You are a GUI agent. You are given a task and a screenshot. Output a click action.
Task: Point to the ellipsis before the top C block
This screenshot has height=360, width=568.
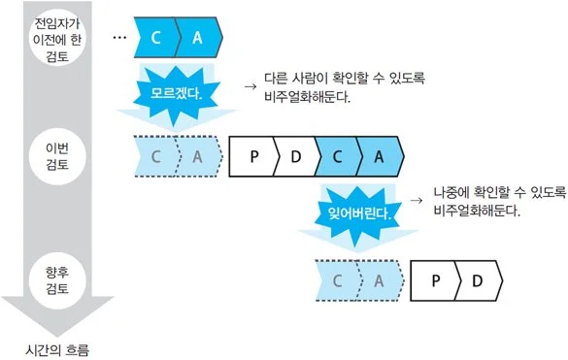[x=120, y=36]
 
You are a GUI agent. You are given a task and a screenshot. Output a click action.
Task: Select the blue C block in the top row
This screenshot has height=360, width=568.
[x=155, y=37]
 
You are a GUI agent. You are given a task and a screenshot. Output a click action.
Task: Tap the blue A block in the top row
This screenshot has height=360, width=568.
[x=199, y=37]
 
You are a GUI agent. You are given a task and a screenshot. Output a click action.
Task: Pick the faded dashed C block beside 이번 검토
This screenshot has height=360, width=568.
[x=154, y=154]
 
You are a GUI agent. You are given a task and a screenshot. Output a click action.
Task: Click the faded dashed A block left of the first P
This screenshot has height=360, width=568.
[x=197, y=154]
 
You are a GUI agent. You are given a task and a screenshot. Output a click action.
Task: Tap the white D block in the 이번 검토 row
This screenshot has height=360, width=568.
[x=296, y=154]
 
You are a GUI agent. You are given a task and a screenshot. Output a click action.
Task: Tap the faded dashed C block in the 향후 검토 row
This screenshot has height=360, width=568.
[x=338, y=280]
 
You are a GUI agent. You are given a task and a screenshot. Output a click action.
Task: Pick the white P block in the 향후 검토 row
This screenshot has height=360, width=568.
[x=436, y=280]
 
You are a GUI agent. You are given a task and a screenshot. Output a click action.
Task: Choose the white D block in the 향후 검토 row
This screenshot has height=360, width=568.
[x=478, y=280]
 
